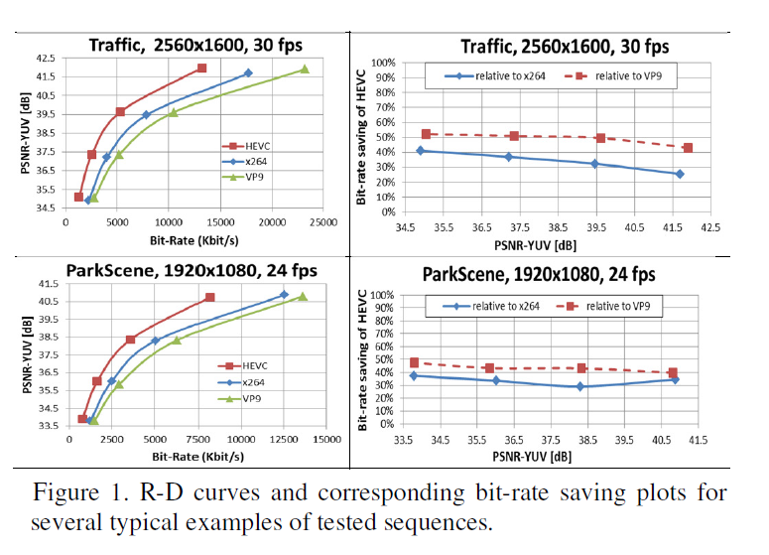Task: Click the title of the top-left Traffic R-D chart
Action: click(x=195, y=45)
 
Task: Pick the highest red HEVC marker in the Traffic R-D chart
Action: click(x=201, y=68)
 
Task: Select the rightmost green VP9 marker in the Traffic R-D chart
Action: click(x=305, y=69)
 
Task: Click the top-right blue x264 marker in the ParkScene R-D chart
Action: click(x=284, y=295)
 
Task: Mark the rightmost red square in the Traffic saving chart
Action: click(x=688, y=148)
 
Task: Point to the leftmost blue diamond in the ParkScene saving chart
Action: click(x=413, y=375)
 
